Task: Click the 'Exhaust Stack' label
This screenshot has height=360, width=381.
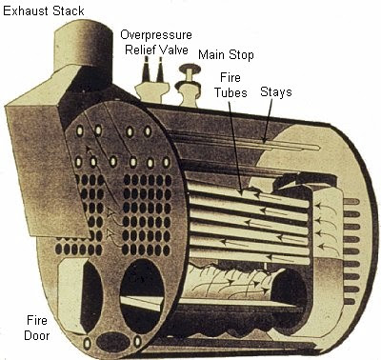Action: [43, 10]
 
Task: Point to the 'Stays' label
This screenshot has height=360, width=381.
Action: [275, 92]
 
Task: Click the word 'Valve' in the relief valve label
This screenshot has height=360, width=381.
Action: [180, 49]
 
